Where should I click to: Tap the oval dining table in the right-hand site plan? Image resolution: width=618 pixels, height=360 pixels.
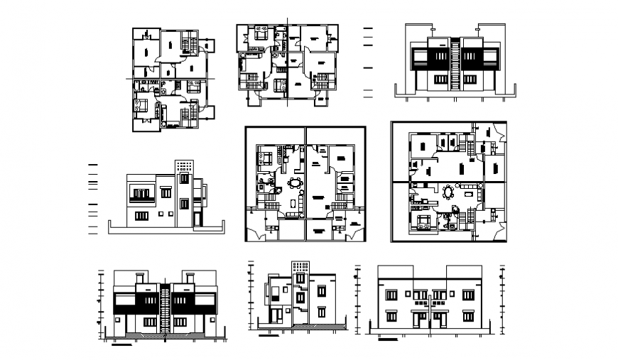[448, 192]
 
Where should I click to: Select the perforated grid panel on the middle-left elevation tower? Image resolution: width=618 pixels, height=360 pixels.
[184, 167]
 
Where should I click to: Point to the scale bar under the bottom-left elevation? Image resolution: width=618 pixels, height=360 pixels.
[121, 346]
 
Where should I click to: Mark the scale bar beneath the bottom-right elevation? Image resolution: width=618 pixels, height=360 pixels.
[387, 339]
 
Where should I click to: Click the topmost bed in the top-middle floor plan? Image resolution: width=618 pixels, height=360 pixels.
[259, 33]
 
